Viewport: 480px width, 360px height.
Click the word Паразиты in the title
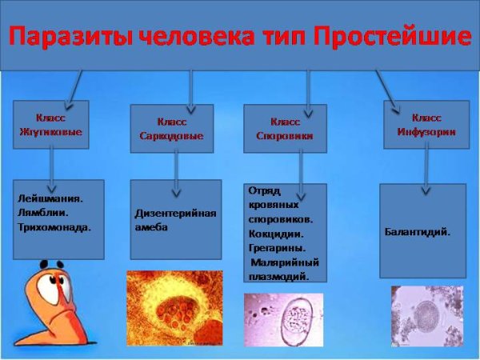pos(64,36)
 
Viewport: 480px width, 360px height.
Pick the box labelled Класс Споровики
pos(285,129)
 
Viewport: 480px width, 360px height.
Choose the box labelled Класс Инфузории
pos(426,125)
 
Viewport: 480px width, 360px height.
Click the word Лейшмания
pos(50,198)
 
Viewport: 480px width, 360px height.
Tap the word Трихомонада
pos(54,226)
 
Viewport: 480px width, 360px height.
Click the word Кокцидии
pos(274,234)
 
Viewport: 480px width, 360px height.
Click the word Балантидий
pos(418,232)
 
